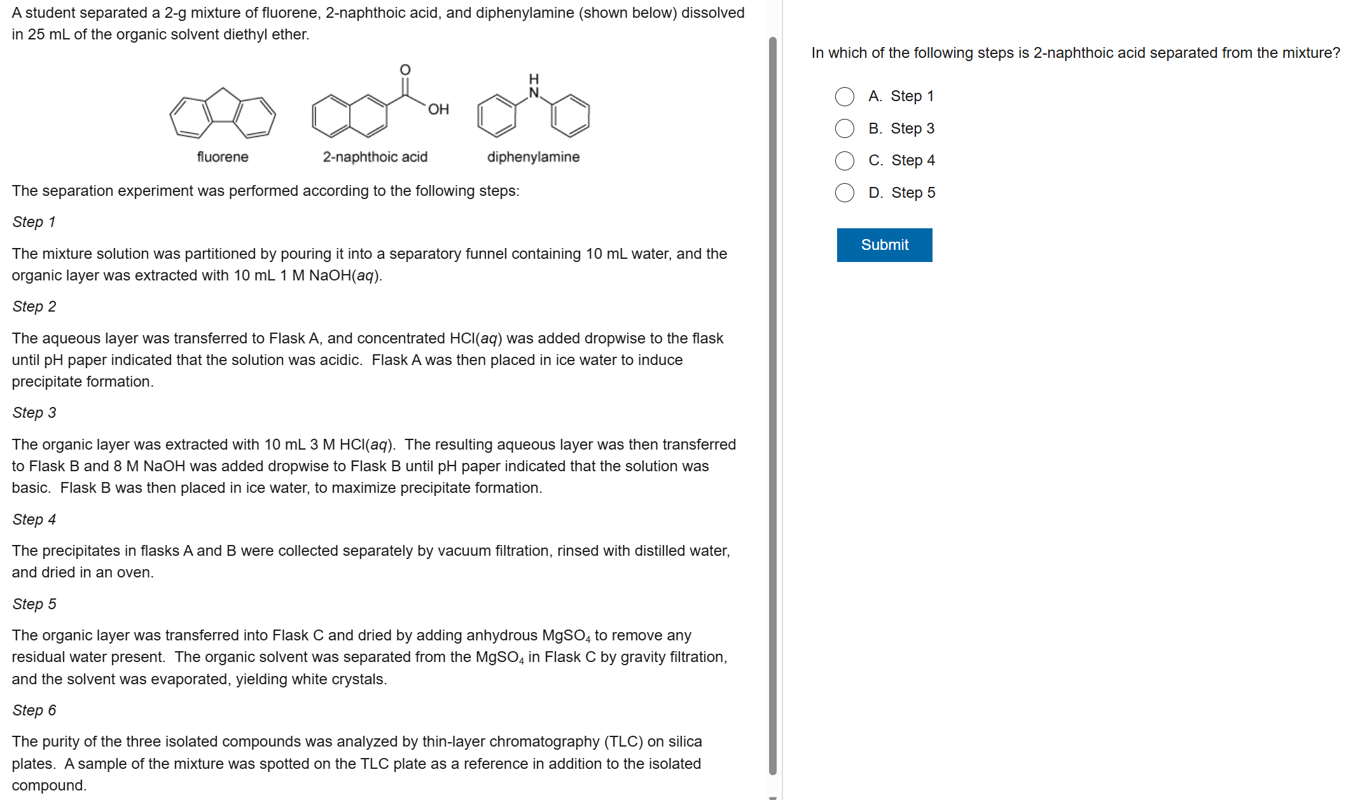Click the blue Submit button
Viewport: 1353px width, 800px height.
click(x=884, y=245)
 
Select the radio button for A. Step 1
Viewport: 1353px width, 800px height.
click(x=845, y=97)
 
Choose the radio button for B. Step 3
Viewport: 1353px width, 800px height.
click(x=845, y=128)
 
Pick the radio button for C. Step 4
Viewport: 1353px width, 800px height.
click(x=845, y=161)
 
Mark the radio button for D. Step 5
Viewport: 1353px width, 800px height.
click(x=845, y=193)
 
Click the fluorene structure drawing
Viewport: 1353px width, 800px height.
click(x=223, y=114)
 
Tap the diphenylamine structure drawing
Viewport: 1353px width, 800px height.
click(x=533, y=111)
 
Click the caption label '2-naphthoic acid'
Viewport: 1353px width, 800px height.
click(x=375, y=157)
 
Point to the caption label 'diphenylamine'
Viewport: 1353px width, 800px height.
click(x=533, y=157)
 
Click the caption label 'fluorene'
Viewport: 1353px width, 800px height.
click(x=223, y=157)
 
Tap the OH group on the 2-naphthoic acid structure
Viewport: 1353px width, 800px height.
click(x=438, y=109)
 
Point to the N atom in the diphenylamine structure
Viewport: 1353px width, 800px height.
click(x=534, y=93)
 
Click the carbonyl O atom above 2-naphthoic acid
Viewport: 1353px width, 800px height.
click(x=405, y=69)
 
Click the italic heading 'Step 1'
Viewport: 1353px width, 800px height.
click(x=34, y=222)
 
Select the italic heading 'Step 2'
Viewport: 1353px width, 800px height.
click(x=34, y=307)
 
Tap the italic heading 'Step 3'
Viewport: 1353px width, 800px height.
click(x=34, y=413)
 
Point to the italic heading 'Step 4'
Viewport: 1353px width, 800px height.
click(x=34, y=520)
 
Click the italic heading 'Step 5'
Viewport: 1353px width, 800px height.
click(x=34, y=604)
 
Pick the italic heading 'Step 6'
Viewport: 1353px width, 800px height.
click(x=34, y=710)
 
